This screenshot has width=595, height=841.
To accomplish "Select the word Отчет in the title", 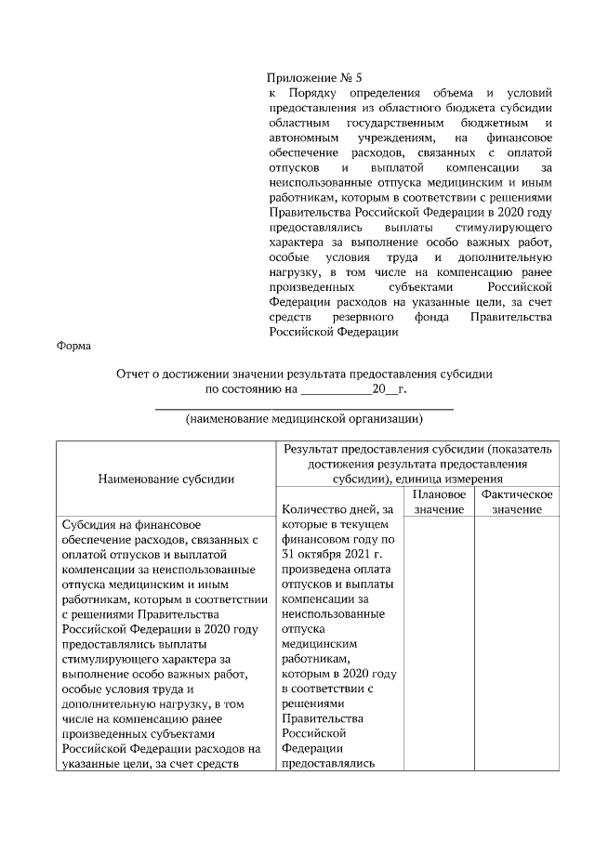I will (135, 373).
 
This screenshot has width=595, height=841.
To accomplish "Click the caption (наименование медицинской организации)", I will (304, 419).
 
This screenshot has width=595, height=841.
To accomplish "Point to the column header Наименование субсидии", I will (165, 479).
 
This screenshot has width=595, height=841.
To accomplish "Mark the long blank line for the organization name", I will (304, 406).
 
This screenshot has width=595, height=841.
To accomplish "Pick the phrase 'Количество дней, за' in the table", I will (337, 509).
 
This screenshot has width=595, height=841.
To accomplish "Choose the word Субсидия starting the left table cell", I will (89, 524).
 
